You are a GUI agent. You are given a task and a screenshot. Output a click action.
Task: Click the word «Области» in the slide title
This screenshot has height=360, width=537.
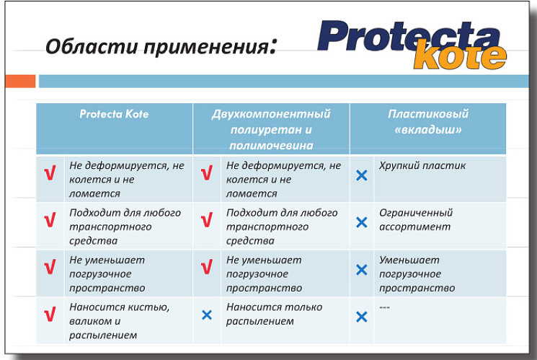click(92, 46)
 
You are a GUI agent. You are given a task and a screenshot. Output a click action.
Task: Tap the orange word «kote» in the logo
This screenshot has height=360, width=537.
click(460, 56)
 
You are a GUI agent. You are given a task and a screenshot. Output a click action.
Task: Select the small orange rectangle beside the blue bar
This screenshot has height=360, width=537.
click(20, 82)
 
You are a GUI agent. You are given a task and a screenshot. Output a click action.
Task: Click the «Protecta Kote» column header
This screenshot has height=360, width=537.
click(114, 114)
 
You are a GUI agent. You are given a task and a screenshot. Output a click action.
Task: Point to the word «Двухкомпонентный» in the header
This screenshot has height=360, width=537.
click(271, 114)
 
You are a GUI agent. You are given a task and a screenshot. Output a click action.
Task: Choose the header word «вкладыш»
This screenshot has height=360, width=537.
click(427, 130)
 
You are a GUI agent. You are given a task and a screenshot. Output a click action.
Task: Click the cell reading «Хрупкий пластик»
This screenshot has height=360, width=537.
click(422, 166)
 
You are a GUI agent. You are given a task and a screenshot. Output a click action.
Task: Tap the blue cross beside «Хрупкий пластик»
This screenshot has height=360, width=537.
click(362, 175)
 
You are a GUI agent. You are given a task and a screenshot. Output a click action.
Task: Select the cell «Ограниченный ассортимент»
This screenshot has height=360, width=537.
click(416, 219)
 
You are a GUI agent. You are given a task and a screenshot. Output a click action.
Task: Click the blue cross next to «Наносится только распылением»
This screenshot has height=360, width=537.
click(207, 315)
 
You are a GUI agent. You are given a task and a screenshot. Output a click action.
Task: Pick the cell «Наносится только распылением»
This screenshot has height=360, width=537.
click(274, 314)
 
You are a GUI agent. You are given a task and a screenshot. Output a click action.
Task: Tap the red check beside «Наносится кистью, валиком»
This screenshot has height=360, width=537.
click(50, 314)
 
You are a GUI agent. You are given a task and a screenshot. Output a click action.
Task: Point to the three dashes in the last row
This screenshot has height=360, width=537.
click(385, 307)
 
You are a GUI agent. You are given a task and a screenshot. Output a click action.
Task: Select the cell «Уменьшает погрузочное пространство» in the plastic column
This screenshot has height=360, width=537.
click(417, 274)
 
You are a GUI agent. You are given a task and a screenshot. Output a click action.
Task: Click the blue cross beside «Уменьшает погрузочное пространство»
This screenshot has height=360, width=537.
click(362, 270)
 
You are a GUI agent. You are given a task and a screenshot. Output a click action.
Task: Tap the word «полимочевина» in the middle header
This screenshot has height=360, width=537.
click(271, 146)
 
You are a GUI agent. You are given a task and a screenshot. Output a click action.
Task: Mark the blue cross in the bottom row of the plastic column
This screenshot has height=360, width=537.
click(362, 317)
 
